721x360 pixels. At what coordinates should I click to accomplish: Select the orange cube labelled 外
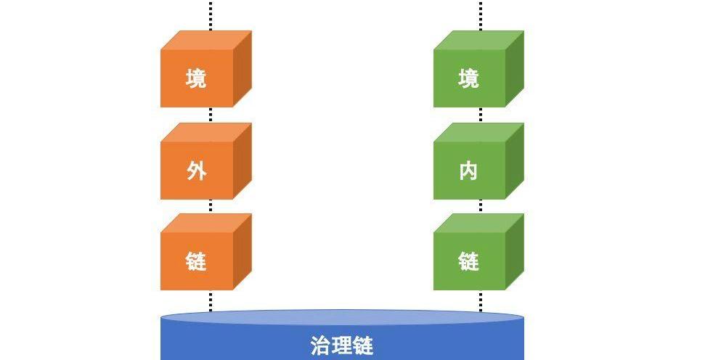tap(197, 170)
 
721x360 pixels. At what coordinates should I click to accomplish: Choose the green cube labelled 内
tap(469, 170)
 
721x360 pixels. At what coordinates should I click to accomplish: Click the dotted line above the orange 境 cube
tap(211, 15)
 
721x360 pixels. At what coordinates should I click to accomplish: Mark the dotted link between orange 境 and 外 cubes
tap(211, 115)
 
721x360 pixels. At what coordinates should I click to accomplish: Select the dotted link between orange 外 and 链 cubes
tap(211, 206)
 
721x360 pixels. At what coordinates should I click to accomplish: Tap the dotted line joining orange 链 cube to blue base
tap(211, 300)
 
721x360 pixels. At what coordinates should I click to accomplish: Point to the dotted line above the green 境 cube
tap(481, 15)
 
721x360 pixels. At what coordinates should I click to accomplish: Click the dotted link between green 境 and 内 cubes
tap(481, 115)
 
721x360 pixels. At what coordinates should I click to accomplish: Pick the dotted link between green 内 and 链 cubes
tap(481, 206)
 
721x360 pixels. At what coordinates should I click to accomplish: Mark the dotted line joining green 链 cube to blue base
tap(481, 300)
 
